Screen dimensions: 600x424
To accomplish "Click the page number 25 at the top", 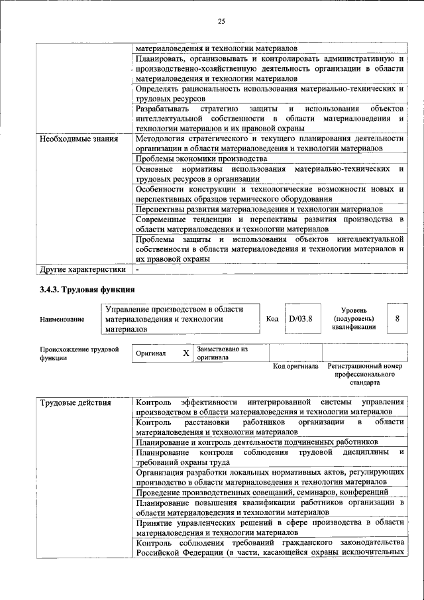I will (221, 22).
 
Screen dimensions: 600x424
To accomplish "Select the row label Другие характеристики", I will (81, 270).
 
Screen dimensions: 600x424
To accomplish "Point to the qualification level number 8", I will (397, 319).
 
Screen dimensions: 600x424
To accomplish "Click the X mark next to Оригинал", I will (186, 353).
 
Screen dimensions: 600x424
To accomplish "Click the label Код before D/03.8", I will (272, 319).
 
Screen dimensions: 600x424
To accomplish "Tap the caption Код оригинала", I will (295, 366).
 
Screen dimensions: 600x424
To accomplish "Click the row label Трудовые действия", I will (74, 402).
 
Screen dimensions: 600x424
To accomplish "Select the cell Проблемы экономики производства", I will (201, 160).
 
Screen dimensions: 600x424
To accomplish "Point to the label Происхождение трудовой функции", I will (79, 353).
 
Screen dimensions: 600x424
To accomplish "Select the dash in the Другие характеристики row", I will (137, 270).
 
